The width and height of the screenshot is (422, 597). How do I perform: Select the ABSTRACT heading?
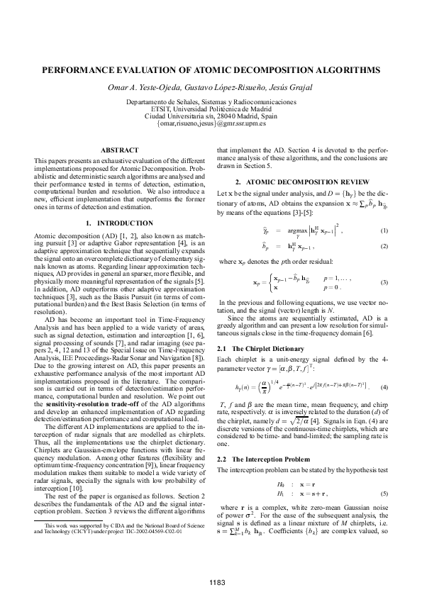click(x=119, y=150)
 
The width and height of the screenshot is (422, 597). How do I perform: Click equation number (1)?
click(x=384, y=230)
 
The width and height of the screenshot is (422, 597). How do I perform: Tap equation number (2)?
click(x=384, y=246)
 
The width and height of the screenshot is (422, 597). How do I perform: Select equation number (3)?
click(x=384, y=282)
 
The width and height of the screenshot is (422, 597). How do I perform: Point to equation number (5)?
click(x=384, y=492)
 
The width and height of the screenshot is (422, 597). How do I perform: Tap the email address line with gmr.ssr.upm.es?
click(x=211, y=123)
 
